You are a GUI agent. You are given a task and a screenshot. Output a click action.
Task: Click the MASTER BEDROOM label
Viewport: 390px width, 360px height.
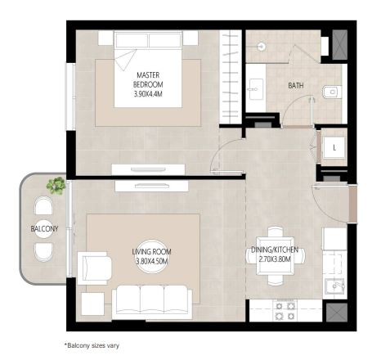coord(148,79)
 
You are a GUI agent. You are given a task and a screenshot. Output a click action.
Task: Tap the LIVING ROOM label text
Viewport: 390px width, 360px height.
coord(151,251)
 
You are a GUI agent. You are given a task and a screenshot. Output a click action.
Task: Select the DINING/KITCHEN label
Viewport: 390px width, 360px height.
coord(275,250)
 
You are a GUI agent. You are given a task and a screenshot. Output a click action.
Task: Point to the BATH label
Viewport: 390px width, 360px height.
coord(296,86)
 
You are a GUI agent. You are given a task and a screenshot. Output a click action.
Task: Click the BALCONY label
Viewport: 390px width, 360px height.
coord(44,228)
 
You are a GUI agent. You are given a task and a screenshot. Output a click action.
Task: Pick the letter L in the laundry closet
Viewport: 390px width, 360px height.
coord(334,148)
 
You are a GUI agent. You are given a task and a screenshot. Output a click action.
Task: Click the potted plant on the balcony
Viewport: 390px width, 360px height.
coord(56,186)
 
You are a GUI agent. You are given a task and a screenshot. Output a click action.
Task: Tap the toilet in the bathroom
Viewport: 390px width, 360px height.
coord(332,92)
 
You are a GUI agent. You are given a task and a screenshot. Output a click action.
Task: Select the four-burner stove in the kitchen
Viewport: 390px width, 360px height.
coord(285,311)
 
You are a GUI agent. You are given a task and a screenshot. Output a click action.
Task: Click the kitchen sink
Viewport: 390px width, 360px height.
coord(334,286)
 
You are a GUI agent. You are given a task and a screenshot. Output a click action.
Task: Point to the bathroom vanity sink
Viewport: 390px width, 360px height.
coord(255,89)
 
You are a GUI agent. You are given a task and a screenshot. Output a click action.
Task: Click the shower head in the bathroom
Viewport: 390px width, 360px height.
coord(262,47)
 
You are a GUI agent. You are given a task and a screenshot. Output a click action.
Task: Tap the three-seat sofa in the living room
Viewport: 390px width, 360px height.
coord(152,303)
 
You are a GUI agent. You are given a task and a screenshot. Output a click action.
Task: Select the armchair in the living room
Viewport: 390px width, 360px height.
coord(94,268)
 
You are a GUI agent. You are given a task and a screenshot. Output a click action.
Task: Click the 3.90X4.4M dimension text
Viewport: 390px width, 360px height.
coord(148,94)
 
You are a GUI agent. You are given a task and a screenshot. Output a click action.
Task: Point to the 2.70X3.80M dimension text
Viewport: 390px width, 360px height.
coord(275,259)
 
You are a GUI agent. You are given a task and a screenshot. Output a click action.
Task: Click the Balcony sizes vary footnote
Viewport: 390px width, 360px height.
coord(92,345)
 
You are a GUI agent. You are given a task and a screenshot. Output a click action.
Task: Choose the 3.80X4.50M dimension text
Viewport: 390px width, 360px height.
coord(151,261)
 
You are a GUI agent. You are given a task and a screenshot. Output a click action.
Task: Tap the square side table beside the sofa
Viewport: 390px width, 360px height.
coord(93,304)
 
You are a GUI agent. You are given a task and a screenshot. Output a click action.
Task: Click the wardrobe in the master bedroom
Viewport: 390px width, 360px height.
coord(231,77)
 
